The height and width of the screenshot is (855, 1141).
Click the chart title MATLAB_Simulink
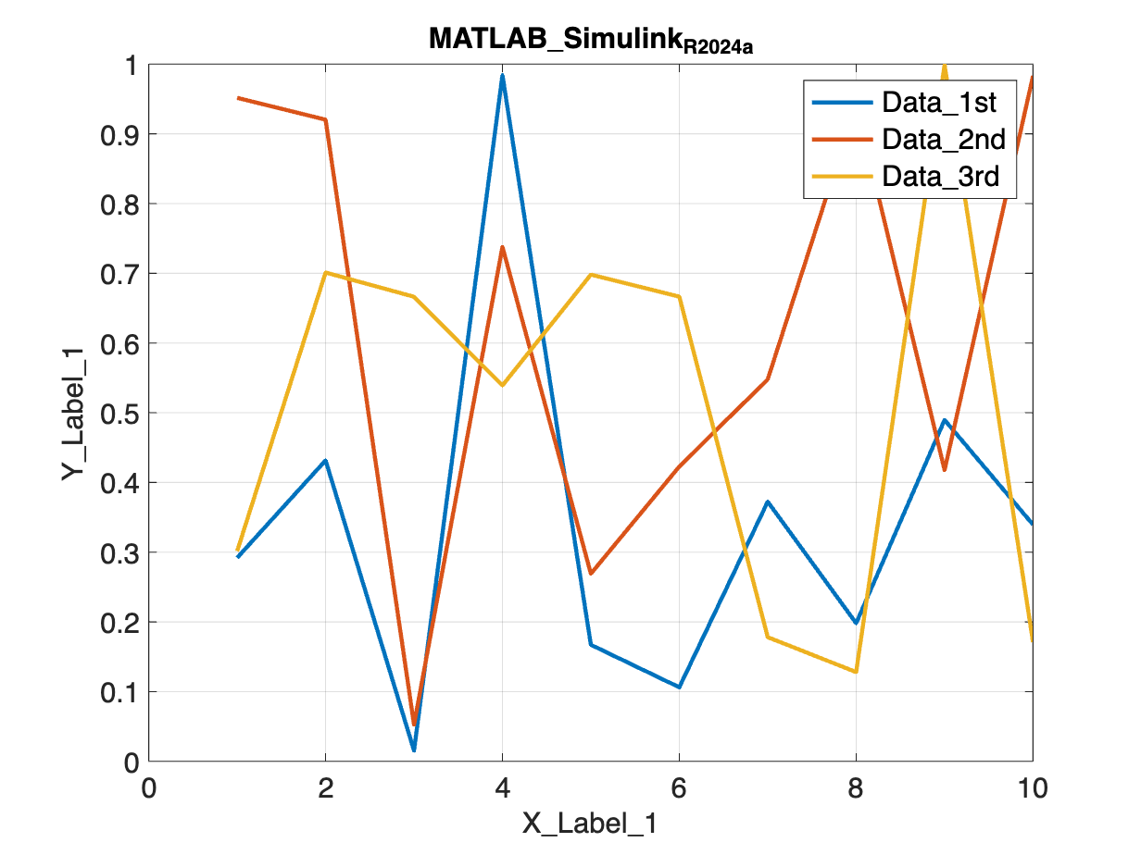[x=590, y=40]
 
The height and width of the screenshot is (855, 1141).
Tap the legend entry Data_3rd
[x=941, y=176]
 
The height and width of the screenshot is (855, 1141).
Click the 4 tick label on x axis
[x=502, y=789]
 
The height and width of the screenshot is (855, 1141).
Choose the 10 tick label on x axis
[x=1032, y=789]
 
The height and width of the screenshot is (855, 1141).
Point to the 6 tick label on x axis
[x=679, y=789]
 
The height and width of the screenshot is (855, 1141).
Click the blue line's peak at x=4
[x=502, y=75]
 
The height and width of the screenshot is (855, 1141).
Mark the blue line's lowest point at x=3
[x=414, y=750]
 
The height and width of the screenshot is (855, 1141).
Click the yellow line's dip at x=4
[x=502, y=385]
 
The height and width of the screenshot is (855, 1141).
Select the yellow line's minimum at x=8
[x=856, y=672]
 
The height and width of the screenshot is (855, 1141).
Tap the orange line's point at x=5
[x=591, y=574]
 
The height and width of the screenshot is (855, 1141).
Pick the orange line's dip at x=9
[x=944, y=470]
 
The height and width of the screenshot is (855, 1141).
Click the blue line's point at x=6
[x=679, y=688]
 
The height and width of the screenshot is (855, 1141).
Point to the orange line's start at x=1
[x=237, y=97]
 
